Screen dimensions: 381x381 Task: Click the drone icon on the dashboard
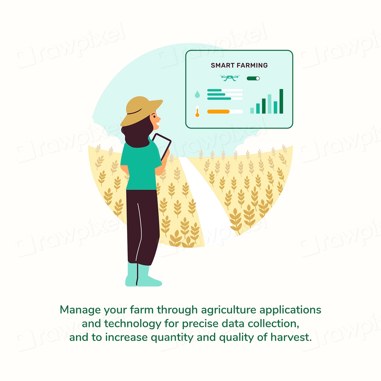coord(229,78)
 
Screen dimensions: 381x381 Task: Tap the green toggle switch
coord(253,78)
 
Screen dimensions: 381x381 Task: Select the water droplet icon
coord(197,94)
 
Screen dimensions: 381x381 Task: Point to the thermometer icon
coord(197,112)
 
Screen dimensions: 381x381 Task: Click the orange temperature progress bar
coord(218,112)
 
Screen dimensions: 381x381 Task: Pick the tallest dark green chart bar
coord(281,101)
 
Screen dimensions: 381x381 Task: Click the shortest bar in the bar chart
coord(252,110)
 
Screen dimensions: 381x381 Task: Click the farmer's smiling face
coord(155,120)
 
